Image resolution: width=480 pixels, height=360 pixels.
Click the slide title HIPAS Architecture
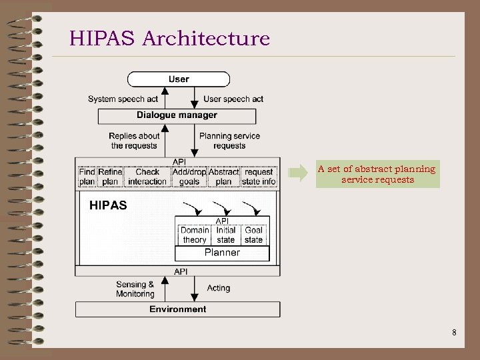pyautogui.click(x=169, y=38)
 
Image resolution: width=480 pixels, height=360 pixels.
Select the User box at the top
pyautogui.click(x=179, y=79)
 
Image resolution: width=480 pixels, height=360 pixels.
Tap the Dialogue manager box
pyautogui.click(x=177, y=115)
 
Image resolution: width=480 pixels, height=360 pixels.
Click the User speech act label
pyautogui.click(x=233, y=99)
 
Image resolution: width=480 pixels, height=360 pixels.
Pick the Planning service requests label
pyautogui.click(x=229, y=141)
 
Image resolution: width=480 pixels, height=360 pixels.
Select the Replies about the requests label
pyautogui.click(x=135, y=141)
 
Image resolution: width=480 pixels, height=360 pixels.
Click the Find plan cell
pyautogui.click(x=87, y=177)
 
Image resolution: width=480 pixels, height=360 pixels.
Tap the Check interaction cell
pyautogui.click(x=147, y=177)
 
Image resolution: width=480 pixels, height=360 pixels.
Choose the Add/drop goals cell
pyautogui.click(x=189, y=177)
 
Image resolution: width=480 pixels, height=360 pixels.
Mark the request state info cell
pyautogui.click(x=259, y=177)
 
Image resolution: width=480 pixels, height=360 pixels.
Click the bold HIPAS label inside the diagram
pyautogui.click(x=108, y=205)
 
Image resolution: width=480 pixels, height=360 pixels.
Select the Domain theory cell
pyautogui.click(x=195, y=235)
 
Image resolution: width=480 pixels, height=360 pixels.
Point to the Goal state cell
pyautogui.click(x=253, y=235)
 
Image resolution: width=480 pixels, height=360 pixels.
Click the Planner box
pyautogui.click(x=222, y=253)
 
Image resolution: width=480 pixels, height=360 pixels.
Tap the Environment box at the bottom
pyautogui.click(x=177, y=309)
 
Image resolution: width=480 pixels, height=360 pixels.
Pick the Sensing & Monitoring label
pyautogui.click(x=135, y=289)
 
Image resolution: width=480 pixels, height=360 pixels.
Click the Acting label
pyautogui.click(x=219, y=288)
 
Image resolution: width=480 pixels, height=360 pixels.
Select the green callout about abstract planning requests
pyautogui.click(x=377, y=174)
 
